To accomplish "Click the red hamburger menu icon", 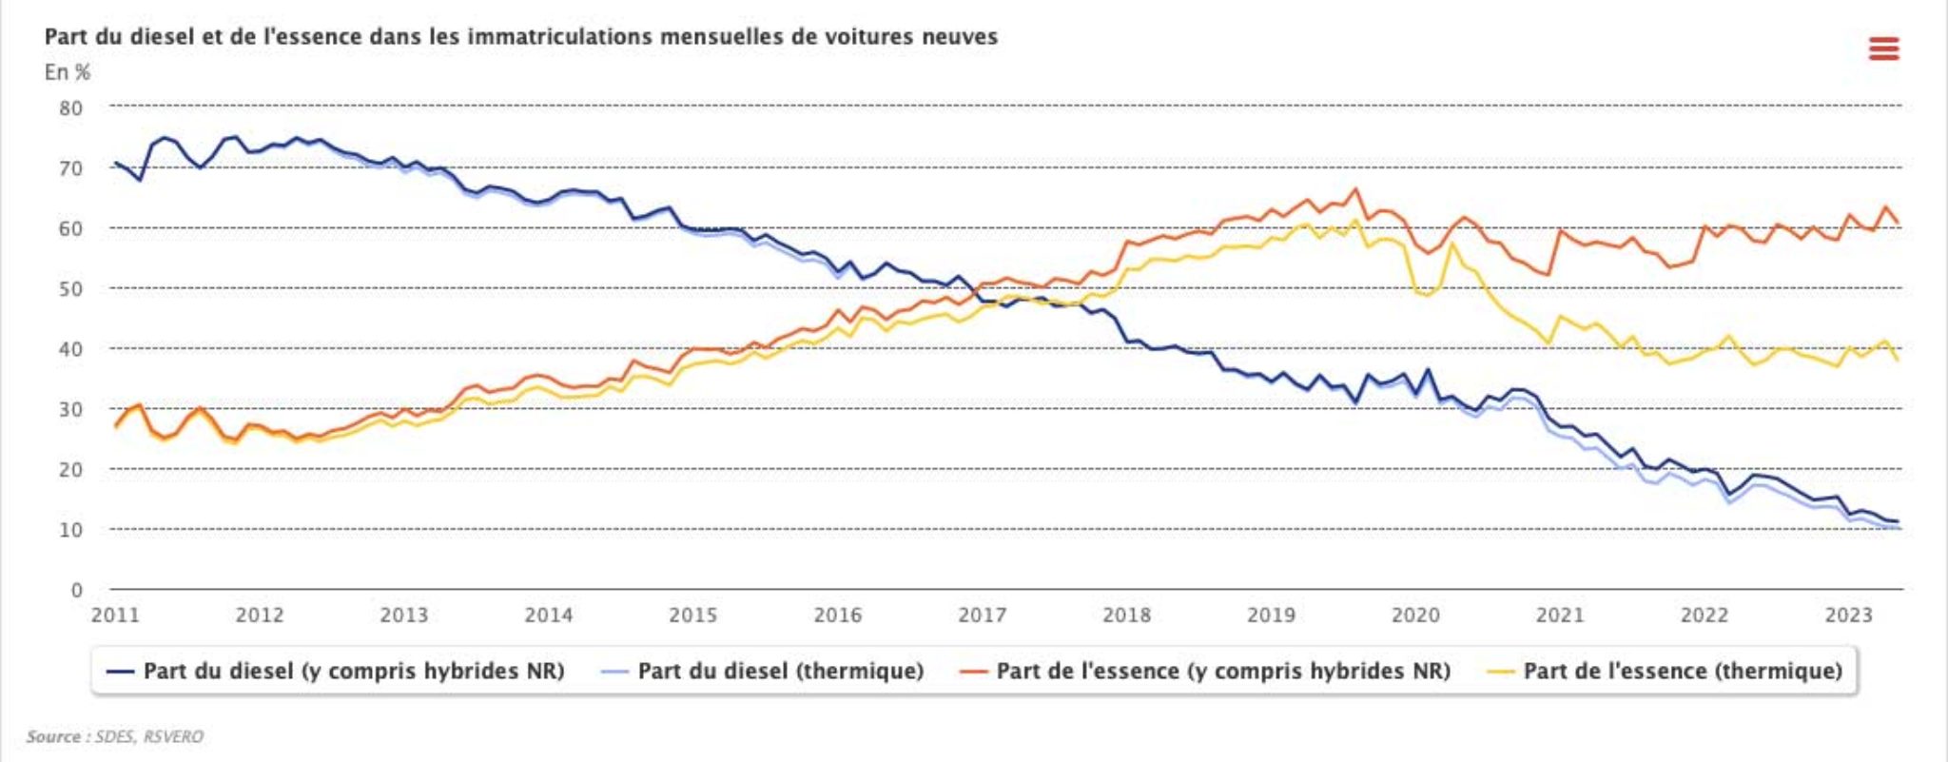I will click(x=1883, y=49).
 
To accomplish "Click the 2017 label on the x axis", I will click(x=982, y=615).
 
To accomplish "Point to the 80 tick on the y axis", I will click(x=71, y=108).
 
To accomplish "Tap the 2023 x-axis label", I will click(x=1848, y=615).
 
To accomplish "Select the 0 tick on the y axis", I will click(x=77, y=590).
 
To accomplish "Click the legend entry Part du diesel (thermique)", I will click(x=780, y=672).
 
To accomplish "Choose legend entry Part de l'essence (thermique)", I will click(x=1682, y=672).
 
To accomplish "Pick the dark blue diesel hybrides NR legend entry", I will click(x=353, y=672).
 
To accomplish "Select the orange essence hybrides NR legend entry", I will click(x=1222, y=672).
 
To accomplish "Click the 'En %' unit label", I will click(x=67, y=72).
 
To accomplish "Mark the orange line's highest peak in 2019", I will click(x=1355, y=189).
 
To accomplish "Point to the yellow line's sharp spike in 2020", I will click(x=1451, y=244).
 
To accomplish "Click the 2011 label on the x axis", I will click(x=115, y=615).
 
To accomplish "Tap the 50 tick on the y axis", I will click(x=71, y=289).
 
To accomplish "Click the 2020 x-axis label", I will click(x=1415, y=615).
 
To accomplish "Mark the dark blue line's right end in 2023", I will click(x=1898, y=521).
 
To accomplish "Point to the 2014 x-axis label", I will click(x=549, y=615).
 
